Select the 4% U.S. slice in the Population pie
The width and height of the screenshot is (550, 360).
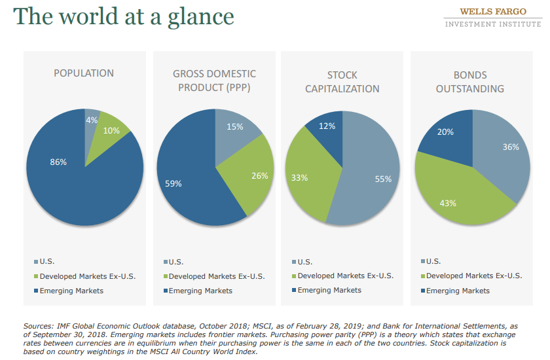(92, 120)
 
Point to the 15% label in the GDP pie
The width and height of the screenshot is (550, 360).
(234, 126)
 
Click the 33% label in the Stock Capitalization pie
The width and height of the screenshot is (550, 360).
(299, 177)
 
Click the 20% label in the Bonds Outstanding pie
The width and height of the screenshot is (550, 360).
(445, 132)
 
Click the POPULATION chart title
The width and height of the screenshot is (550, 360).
(84, 73)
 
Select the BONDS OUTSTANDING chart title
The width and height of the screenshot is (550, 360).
(470, 82)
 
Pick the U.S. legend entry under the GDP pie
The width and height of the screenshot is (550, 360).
(177, 262)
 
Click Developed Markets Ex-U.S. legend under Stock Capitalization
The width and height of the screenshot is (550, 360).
(345, 276)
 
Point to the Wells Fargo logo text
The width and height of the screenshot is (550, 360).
(493, 12)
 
